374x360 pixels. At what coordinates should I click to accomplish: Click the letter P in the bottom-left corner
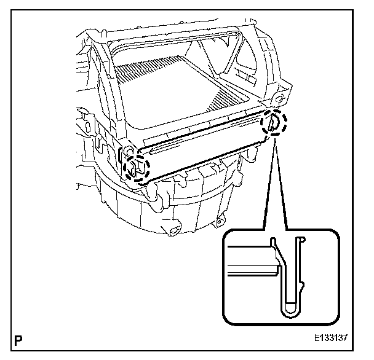click(x=20, y=338)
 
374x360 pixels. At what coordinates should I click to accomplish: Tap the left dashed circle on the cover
click(x=137, y=166)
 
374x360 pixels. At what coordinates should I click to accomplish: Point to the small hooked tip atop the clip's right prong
click(x=301, y=241)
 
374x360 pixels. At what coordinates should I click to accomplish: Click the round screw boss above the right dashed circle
click(x=280, y=98)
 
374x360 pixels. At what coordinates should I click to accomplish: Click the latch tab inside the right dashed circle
click(x=271, y=124)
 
